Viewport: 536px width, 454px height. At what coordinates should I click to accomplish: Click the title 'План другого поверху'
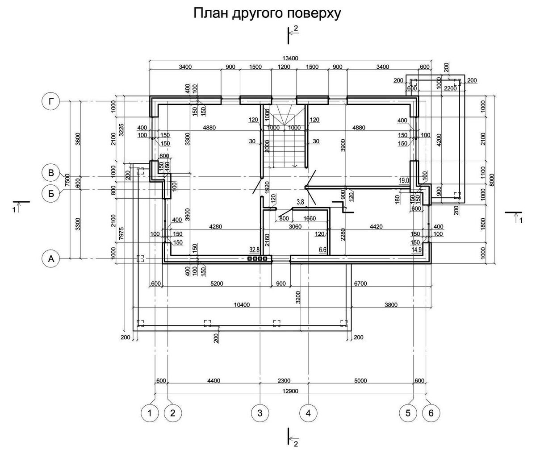coord(267,14)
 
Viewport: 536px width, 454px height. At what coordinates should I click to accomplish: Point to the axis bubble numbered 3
coord(260,413)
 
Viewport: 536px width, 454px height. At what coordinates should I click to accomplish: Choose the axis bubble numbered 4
coord(308,413)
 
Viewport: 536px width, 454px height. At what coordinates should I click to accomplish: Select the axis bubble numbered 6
coord(431,413)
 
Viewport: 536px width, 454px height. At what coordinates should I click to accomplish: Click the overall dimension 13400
coord(290,58)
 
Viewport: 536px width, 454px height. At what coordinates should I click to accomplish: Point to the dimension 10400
coord(241,305)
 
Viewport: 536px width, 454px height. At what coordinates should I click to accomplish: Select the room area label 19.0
coord(404,180)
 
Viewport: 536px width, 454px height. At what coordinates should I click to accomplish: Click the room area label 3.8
coord(300,202)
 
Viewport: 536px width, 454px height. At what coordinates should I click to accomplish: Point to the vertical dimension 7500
coord(67,180)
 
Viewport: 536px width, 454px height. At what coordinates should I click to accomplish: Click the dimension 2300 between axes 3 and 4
coord(284,381)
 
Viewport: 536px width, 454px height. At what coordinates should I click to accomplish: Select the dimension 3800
coord(391,305)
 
